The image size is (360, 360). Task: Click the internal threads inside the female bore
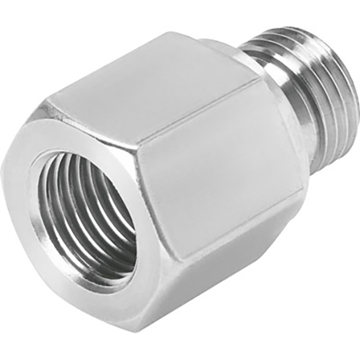72,211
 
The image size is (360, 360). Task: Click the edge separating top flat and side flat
202,108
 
